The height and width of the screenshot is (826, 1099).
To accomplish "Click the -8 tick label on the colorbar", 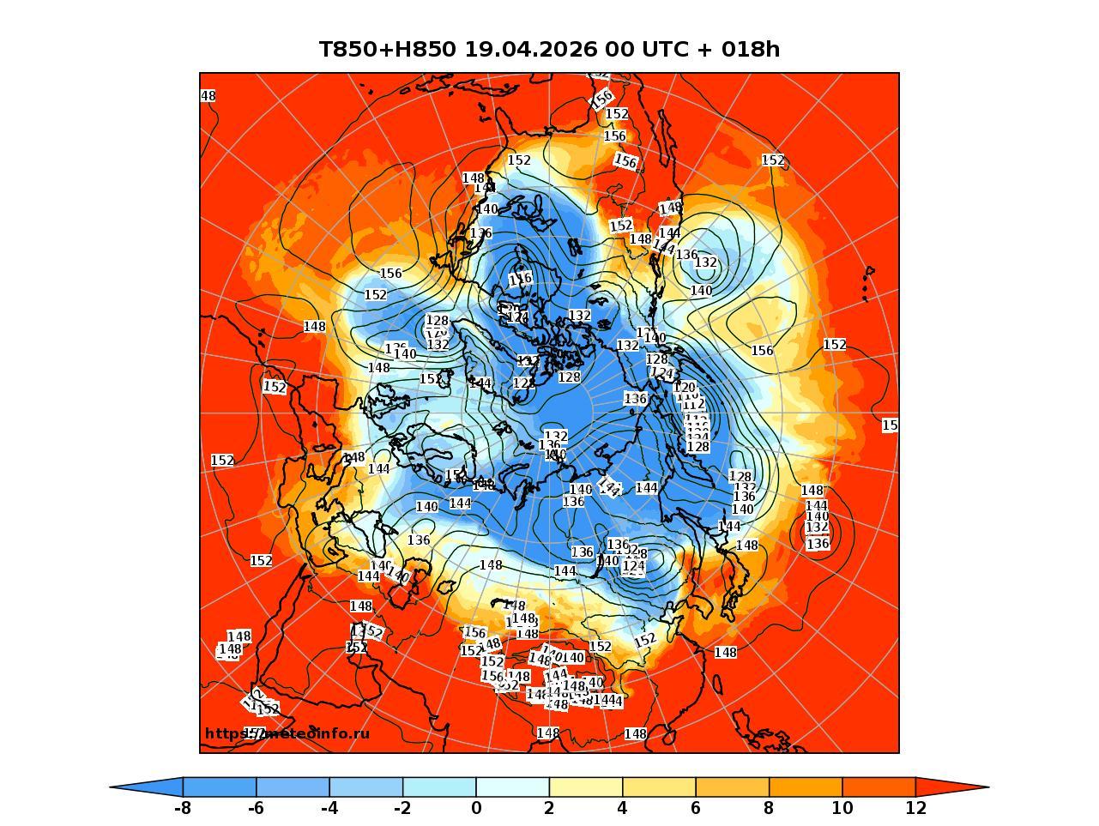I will tap(182, 808).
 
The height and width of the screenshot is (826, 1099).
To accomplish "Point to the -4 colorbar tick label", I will tap(329, 808).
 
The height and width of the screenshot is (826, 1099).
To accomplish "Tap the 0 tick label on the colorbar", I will tap(476, 808).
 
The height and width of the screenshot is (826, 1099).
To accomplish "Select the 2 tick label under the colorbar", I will tap(549, 808).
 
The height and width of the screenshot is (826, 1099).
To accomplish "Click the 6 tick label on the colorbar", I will tap(696, 808).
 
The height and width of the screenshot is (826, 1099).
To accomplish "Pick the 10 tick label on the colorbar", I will tap(842, 808).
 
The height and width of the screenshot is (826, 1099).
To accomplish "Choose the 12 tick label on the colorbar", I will tap(915, 808).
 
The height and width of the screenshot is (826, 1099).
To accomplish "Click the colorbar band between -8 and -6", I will tap(220, 787).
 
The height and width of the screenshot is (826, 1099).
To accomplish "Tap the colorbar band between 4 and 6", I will tap(659, 787).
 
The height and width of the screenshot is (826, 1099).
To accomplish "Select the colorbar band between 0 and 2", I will tap(512, 787).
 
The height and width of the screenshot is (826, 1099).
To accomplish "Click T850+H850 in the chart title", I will tap(387, 50).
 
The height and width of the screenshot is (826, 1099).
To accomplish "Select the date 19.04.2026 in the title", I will tap(530, 50).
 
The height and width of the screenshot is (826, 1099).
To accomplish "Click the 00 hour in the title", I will tap(618, 50).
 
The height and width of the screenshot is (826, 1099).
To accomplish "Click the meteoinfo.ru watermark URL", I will tap(287, 733).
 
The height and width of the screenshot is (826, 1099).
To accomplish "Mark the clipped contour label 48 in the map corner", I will tap(208, 96).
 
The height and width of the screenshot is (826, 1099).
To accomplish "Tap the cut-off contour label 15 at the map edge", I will tap(890, 425).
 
